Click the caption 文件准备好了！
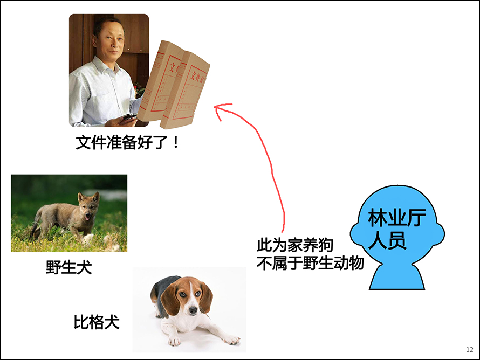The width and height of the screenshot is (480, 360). click(127, 142)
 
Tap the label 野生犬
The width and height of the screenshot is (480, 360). click(69, 267)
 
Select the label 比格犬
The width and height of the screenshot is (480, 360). click(97, 322)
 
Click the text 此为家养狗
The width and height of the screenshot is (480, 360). click(295, 245)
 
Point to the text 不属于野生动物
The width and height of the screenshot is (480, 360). click(310, 263)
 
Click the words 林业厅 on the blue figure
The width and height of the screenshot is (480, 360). click(397, 218)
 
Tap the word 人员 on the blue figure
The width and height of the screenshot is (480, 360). click(387, 240)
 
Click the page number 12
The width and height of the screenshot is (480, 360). click(470, 350)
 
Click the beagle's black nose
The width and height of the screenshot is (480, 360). click(193, 311)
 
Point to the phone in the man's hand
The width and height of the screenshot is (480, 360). click(129, 116)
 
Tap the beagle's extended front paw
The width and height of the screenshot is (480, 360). click(232, 340)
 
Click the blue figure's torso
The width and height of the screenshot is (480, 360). click(397, 275)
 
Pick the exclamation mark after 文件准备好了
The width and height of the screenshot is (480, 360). click(175, 142)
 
